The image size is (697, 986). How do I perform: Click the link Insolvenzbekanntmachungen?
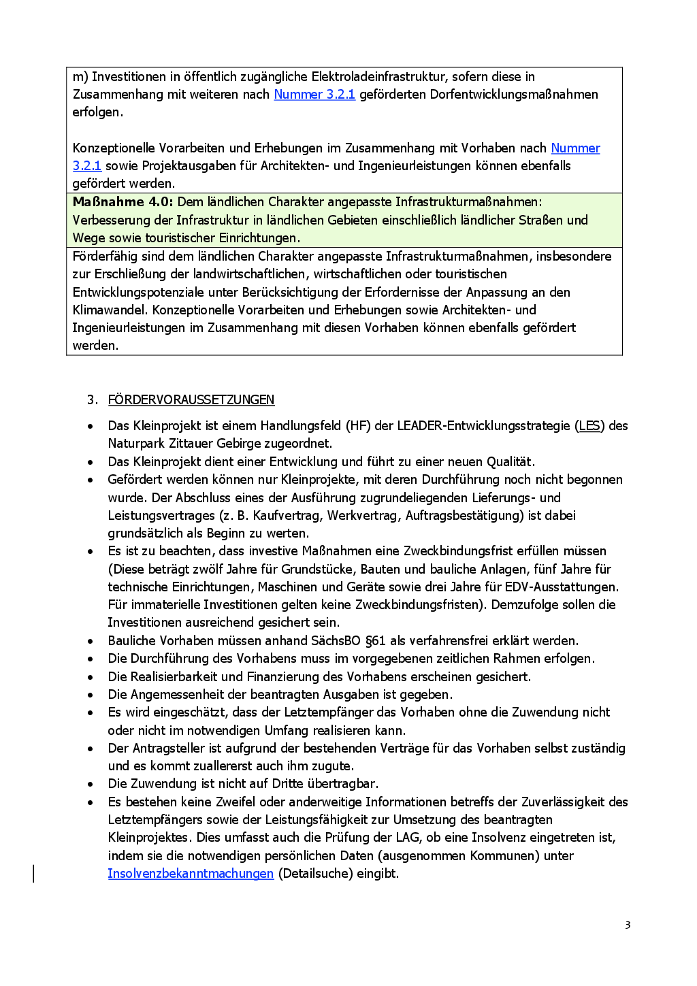(191, 874)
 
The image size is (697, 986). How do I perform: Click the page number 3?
(628, 925)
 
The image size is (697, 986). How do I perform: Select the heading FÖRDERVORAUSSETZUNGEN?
(191, 400)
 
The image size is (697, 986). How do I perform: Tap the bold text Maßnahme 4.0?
(123, 202)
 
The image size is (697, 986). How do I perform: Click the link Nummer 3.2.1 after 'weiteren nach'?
(314, 95)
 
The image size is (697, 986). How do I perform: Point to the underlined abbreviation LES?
(589, 426)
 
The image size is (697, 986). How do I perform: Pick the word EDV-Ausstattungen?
(561, 587)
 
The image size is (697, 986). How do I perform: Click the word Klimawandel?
(109, 310)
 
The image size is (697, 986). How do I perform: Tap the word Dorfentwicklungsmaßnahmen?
(514, 95)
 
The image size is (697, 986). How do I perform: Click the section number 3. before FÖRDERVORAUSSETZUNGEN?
(92, 400)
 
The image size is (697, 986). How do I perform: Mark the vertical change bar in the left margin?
(34, 873)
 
